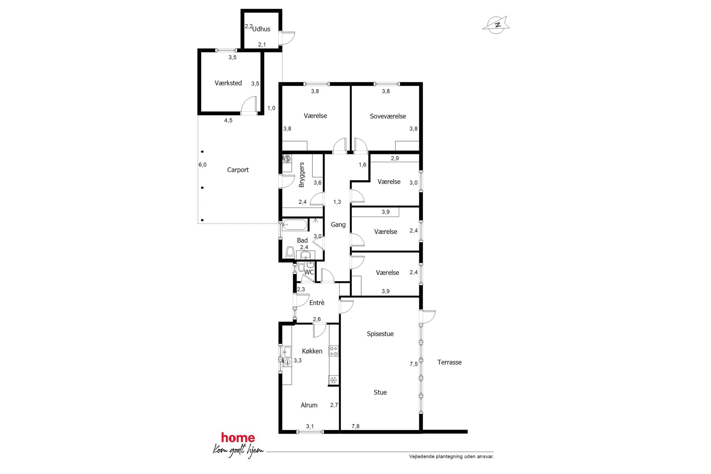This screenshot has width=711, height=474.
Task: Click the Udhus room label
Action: coord(261,29)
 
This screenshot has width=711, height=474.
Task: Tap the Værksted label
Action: coord(228,83)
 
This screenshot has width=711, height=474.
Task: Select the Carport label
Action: coord(238,170)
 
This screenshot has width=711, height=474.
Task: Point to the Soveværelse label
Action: coord(388,116)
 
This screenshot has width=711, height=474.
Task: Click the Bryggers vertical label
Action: coord(301,175)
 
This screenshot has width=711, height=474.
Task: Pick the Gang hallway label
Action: coord(338,225)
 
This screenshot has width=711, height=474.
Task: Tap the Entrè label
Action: coord(317,303)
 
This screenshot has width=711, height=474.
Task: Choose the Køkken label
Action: coord(312,351)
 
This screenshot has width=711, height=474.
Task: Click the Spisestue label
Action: coord(380,334)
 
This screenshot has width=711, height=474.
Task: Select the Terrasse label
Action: coord(449,362)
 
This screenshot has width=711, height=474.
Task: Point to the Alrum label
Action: coord(309,405)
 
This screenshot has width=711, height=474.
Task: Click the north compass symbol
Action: coord(496,25)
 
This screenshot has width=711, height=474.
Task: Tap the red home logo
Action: coord(238,438)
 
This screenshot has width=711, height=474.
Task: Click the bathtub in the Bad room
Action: coord(295,225)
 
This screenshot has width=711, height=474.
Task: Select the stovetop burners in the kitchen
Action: coord(334,351)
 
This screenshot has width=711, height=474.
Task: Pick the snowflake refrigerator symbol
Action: coord(334,380)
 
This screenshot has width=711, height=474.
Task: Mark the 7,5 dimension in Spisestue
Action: coord(414,364)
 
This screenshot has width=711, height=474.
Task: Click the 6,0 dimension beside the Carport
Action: coord(202,165)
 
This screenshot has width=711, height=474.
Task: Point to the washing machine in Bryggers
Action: coord(287,158)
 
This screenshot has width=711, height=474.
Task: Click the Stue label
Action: coord(380,392)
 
